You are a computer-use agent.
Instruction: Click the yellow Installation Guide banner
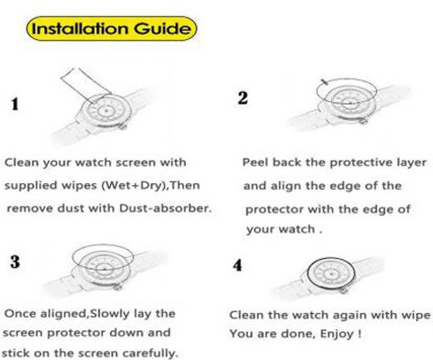(112, 29)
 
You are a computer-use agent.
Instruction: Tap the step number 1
(14, 105)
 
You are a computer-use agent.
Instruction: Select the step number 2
(243, 98)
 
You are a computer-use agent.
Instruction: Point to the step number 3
(15, 262)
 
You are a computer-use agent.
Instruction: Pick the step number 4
(237, 265)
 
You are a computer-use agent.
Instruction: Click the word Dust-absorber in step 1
(165, 208)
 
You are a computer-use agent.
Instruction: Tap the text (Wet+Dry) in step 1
(134, 185)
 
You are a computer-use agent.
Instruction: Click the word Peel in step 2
(255, 162)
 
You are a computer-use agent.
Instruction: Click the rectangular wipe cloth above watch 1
(85, 85)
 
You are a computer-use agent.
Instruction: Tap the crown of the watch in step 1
(123, 126)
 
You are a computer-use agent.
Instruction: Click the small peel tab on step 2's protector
(325, 82)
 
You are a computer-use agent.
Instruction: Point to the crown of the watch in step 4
(344, 291)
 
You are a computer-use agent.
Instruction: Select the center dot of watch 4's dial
(331, 274)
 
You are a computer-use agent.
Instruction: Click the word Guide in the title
(162, 29)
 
